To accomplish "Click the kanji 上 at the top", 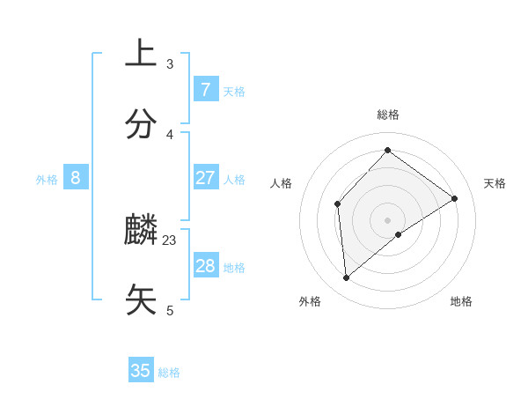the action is tap(141, 53).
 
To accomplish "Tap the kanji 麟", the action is tap(141, 231).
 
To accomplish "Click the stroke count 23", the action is tap(170, 240).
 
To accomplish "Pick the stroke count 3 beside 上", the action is tap(170, 63).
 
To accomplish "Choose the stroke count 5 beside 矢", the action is tap(170, 310).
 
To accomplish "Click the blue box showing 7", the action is tap(205, 89).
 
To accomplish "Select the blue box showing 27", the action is tap(205, 178).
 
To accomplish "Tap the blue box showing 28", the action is tap(205, 266).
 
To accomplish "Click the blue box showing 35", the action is tap(141, 371).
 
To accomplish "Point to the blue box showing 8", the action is tap(76, 178).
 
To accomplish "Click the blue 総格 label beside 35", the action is tap(169, 373).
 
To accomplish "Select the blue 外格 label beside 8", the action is tap(47, 180).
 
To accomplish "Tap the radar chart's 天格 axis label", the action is tap(495, 183).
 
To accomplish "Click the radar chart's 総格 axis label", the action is tap(387, 115).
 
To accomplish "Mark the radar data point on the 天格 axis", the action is tap(454, 198).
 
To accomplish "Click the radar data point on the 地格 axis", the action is tap(399, 234).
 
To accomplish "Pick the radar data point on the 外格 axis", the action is tap(346, 278).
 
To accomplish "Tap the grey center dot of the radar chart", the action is tap(387, 219).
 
